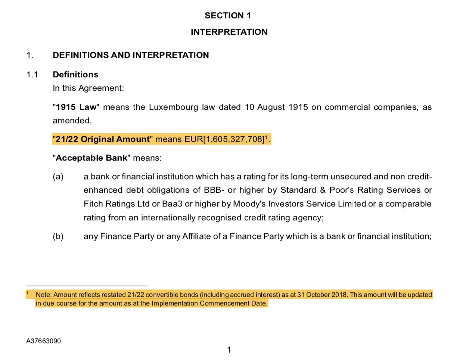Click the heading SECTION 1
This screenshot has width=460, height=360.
228,16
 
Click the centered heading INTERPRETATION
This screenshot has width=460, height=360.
229,32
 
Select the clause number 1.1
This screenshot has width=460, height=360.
32,75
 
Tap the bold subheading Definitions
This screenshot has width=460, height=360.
75,75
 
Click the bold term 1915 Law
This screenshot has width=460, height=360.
76,107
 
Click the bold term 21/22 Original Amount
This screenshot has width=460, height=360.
103,139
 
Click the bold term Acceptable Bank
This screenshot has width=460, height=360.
91,158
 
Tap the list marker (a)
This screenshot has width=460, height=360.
58,177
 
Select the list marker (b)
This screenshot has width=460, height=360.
58,236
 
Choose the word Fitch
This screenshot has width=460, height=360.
93,204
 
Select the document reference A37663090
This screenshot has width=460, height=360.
43,341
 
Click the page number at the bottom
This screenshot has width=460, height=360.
229,350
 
